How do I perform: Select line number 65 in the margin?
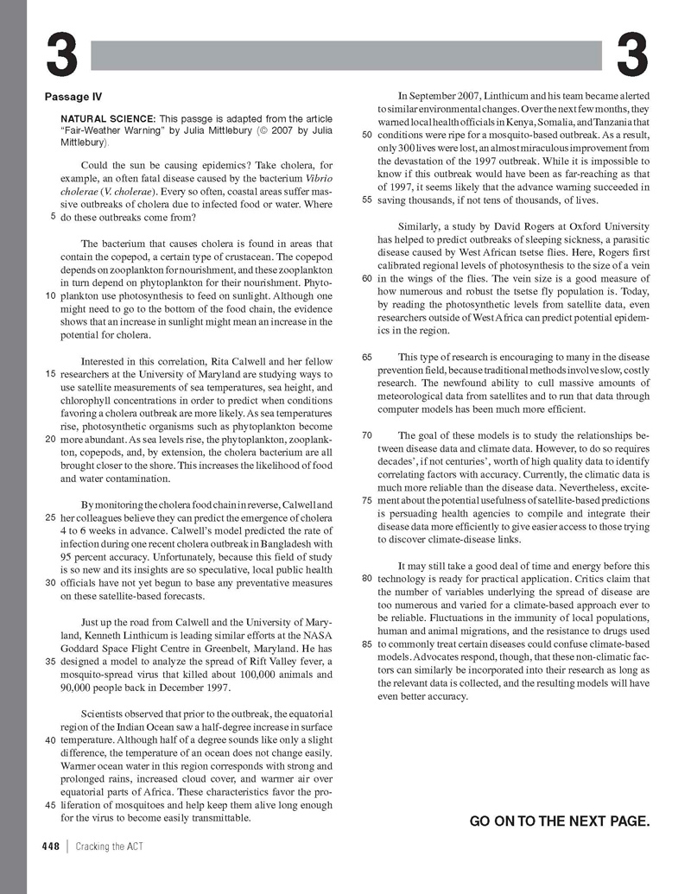[x=366, y=357]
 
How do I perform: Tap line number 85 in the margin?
[x=366, y=644]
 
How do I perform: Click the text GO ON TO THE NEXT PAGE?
[x=559, y=821]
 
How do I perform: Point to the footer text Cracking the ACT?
[x=110, y=846]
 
